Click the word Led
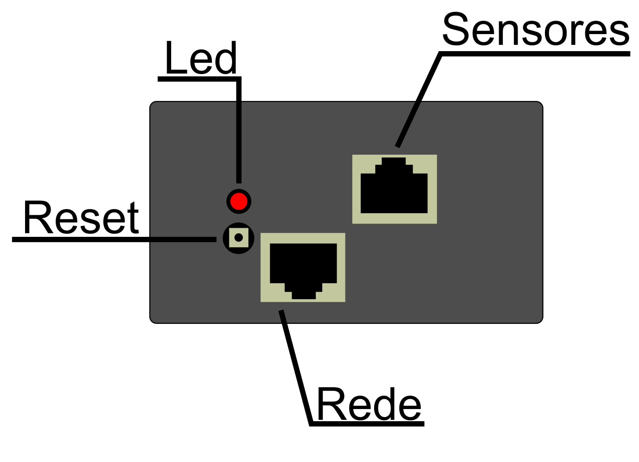click(x=201, y=58)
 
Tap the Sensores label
click(x=535, y=30)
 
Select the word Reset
click(x=81, y=218)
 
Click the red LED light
click(x=239, y=201)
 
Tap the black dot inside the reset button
click(x=238, y=237)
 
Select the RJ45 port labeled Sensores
click(x=394, y=189)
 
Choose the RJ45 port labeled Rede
click(x=303, y=267)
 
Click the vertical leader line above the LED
click(x=239, y=130)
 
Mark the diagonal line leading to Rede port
click(x=295, y=366)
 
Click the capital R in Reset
click(x=38, y=218)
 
